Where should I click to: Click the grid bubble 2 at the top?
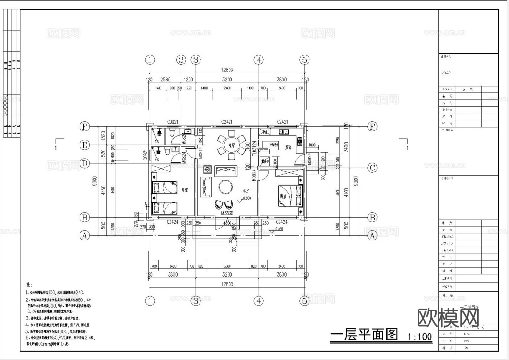[181, 60]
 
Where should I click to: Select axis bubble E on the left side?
[84, 145]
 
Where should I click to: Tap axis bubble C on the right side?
[372, 168]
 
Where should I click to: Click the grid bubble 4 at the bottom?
[258, 301]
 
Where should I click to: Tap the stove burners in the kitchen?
[299, 141]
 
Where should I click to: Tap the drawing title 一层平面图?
[364, 335]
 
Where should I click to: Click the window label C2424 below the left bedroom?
[172, 222]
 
